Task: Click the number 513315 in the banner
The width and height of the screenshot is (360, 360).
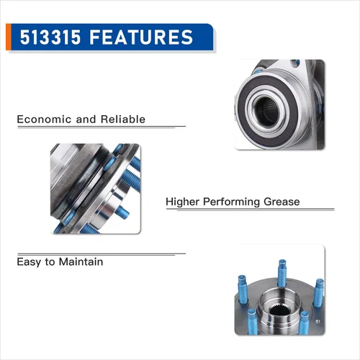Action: coord(50,37)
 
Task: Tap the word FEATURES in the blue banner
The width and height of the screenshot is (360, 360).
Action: coord(141,37)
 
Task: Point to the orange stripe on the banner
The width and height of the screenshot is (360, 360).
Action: coord(9,37)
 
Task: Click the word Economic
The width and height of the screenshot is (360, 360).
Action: coord(44,120)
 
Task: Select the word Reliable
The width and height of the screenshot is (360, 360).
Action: coord(123,119)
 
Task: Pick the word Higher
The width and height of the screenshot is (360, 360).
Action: coord(182,202)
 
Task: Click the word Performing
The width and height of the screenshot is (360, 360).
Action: coord(231,202)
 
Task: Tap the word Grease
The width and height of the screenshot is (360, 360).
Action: coord(282,202)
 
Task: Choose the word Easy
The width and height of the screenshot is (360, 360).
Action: coord(29,262)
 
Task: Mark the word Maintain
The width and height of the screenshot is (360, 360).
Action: coord(81,261)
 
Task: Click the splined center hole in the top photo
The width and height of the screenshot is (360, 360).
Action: coord(268,112)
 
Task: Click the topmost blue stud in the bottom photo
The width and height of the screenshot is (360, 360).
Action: coord(282,272)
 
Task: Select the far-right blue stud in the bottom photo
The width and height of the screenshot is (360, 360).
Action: coord(319,293)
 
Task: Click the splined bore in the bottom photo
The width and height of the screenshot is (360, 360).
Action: coord(280,311)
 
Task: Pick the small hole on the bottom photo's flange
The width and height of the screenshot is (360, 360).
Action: coord(318,321)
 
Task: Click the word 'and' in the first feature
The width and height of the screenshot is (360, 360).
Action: coord(86,120)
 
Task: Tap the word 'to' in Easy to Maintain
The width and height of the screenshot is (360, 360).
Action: coord(50,262)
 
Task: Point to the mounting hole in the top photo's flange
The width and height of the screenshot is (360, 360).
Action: coord(295,63)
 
